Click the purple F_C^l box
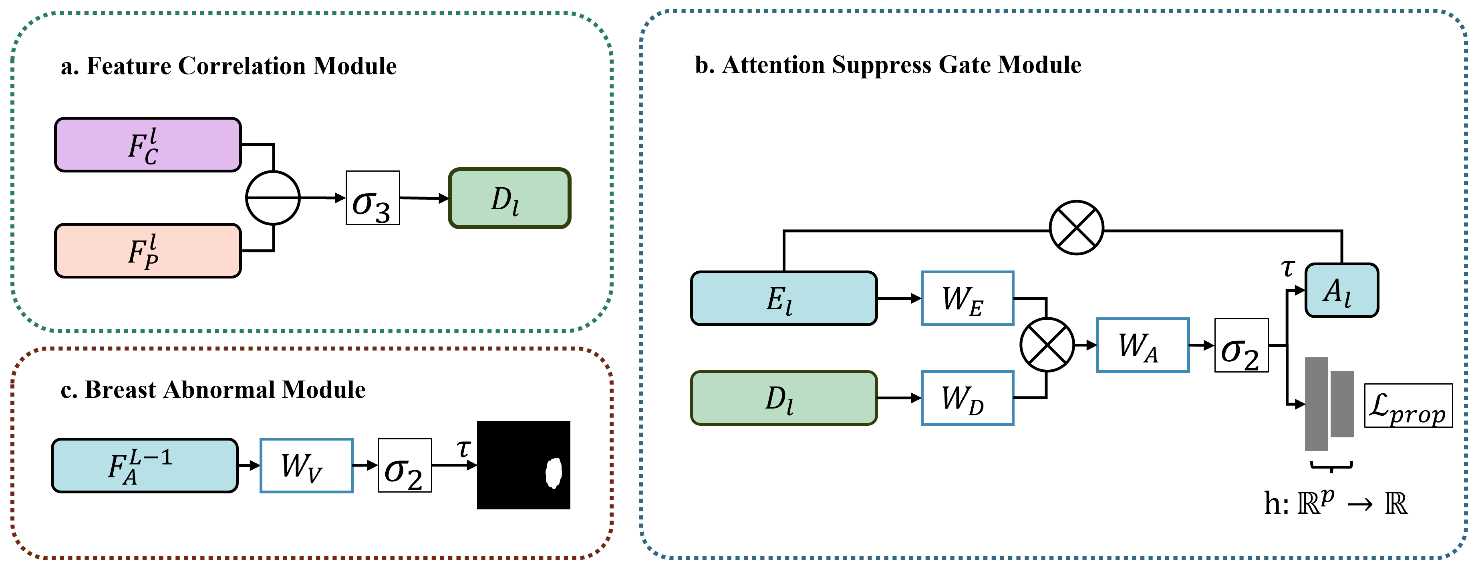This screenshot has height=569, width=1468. (147, 145)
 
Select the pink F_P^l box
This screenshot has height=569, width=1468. (147, 250)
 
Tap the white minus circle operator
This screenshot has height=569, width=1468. (273, 198)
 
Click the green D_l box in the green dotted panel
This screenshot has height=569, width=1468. (509, 198)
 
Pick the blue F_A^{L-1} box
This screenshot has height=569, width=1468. (145, 465)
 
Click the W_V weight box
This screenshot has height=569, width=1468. (306, 465)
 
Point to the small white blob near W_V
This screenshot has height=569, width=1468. (553, 473)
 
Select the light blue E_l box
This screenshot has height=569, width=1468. (783, 299)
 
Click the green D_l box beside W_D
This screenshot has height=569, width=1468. (783, 398)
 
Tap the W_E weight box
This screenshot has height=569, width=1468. (967, 299)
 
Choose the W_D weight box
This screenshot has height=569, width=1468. (967, 398)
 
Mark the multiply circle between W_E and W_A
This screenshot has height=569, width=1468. (1047, 345)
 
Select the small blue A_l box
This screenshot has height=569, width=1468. (1341, 291)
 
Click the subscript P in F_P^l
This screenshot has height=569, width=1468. (151, 262)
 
